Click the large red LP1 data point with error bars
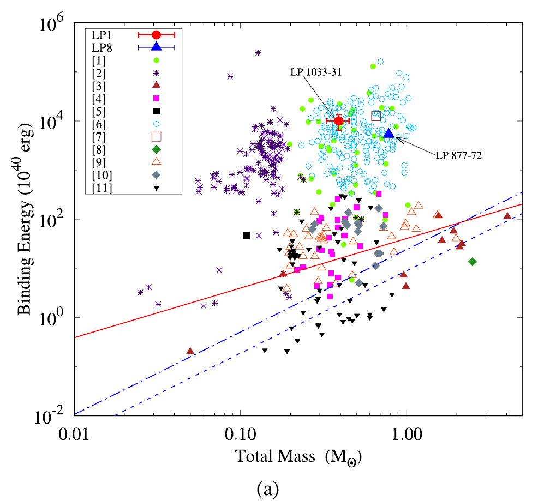click(x=338, y=120)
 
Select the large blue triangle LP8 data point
click(x=389, y=134)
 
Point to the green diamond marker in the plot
click(x=473, y=262)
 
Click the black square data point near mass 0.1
click(x=247, y=236)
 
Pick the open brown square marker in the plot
click(x=376, y=116)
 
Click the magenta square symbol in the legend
click(x=156, y=99)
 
